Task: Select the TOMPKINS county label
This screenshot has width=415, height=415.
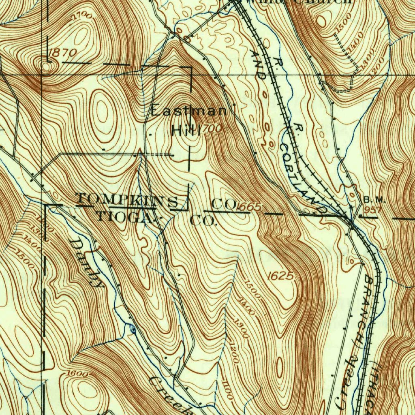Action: pos(127,200)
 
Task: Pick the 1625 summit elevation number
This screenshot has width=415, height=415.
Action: pos(280,276)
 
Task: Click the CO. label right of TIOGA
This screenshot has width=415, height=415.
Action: pos(204,222)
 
